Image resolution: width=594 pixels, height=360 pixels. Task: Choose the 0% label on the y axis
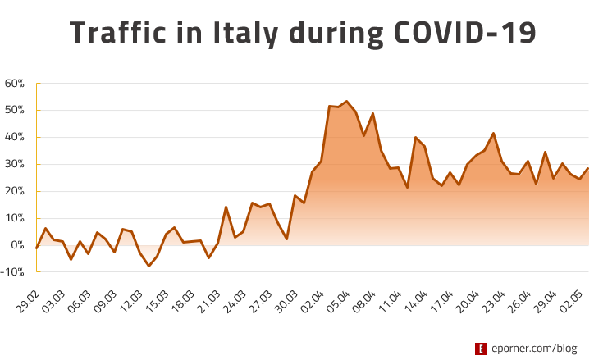18,245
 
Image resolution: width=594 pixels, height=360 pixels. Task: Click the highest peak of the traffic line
346,101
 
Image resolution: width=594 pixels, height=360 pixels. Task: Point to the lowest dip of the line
148,267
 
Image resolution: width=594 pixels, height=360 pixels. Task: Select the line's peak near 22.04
493,133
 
